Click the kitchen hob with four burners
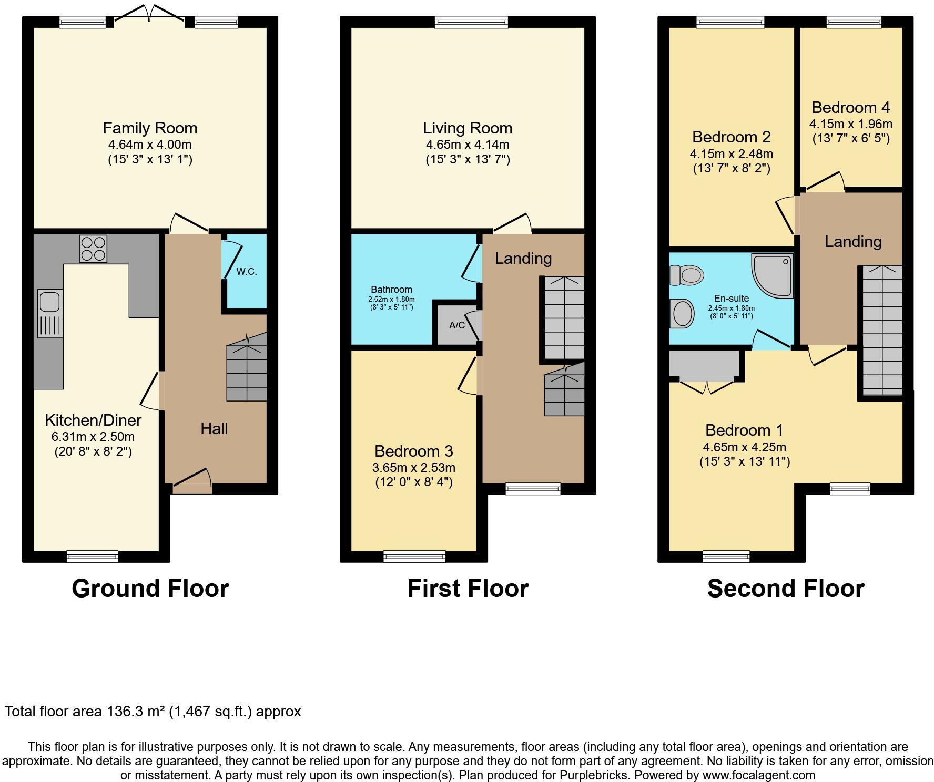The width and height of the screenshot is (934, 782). click(x=93, y=249)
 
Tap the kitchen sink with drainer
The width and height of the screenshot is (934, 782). click(x=50, y=313)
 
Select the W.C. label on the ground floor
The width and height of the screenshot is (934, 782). click(x=246, y=272)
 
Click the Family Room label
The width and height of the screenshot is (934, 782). click(x=150, y=128)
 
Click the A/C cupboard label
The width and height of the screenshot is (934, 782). click(x=457, y=325)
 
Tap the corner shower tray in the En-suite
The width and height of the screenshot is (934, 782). click(x=772, y=275)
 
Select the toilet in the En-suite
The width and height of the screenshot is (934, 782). click(x=687, y=274)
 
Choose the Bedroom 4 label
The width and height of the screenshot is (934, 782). click(x=850, y=108)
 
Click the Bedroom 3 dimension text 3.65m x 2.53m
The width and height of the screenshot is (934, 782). click(x=414, y=468)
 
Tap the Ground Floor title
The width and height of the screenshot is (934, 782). click(x=150, y=589)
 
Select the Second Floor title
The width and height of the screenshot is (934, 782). click(x=786, y=589)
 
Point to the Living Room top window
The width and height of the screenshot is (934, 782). click(x=471, y=22)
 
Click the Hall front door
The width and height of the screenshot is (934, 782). click(x=192, y=482)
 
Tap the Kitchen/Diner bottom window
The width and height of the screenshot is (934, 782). click(x=93, y=556)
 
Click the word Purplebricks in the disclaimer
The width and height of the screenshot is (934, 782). click(x=596, y=775)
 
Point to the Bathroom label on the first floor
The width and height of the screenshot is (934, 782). click(x=391, y=290)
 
